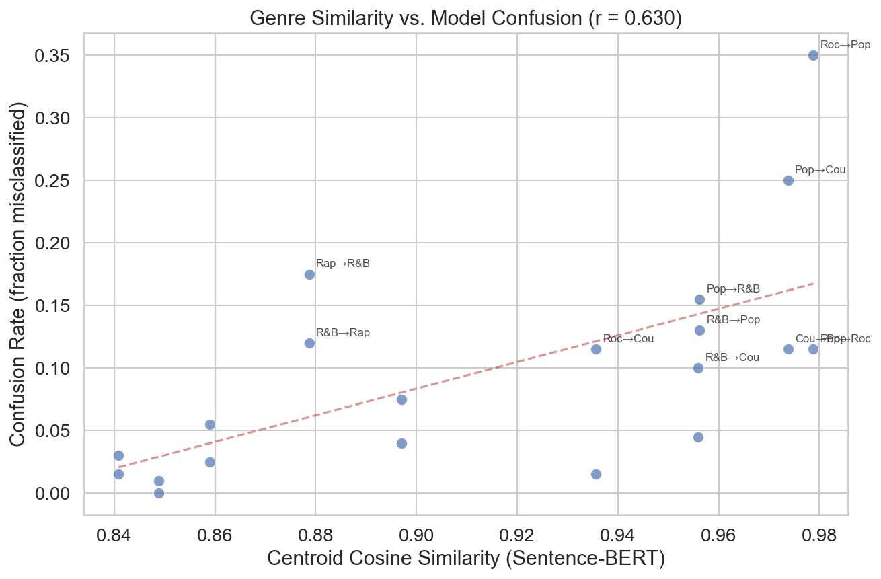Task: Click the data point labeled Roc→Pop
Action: (x=813, y=55)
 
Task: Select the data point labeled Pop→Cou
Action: (x=788, y=180)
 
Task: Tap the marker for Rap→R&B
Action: (x=309, y=274)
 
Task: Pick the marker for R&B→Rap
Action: (x=309, y=343)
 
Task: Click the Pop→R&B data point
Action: (x=699, y=299)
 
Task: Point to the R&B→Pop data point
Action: (x=699, y=330)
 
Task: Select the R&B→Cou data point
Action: (x=698, y=368)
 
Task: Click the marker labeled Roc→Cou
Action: (x=596, y=349)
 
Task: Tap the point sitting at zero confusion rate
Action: (x=159, y=493)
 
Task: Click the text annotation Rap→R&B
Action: (x=342, y=264)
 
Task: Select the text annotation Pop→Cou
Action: (x=820, y=170)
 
